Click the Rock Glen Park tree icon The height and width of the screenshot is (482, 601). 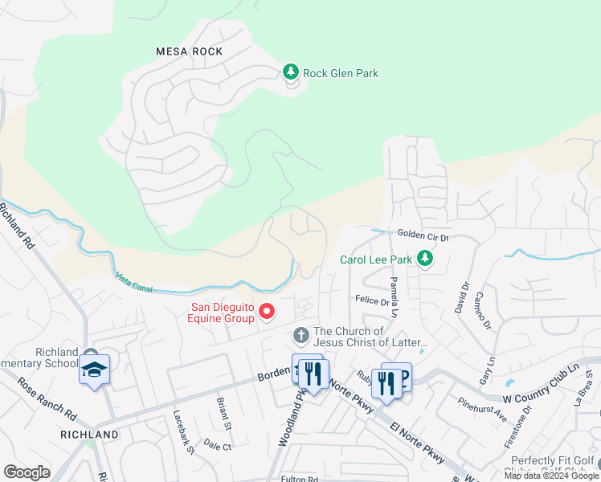291,72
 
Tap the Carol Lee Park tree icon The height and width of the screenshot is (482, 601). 426,259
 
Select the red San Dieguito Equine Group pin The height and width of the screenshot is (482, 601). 267,311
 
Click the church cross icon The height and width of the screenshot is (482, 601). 301,334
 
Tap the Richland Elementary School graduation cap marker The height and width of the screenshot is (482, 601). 94,370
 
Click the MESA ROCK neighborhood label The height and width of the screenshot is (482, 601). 189,51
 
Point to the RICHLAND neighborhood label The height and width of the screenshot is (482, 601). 90,435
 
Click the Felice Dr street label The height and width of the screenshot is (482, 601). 371,299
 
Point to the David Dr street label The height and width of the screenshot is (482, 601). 463,296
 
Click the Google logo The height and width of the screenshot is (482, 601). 27,472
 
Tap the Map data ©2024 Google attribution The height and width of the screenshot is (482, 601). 551,476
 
